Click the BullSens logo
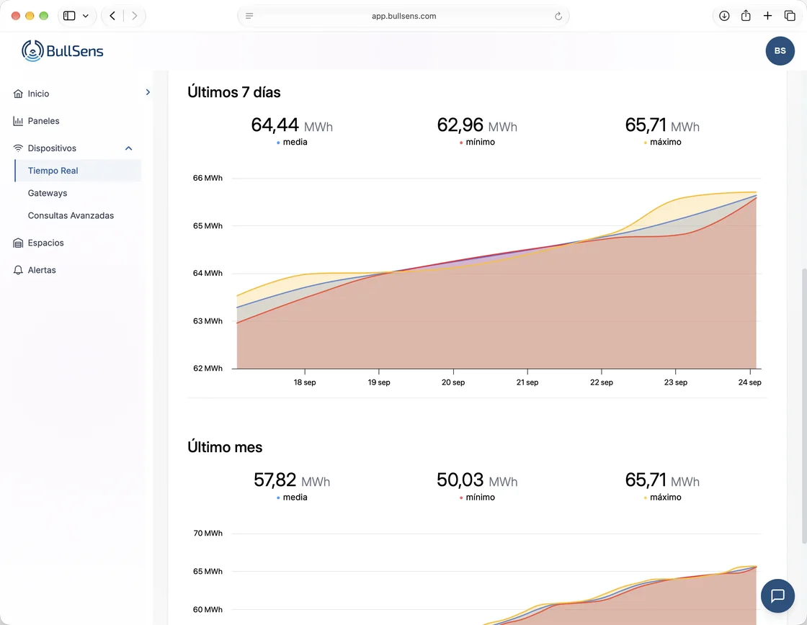[x=62, y=51]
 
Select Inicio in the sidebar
[x=38, y=94]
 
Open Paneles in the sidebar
[x=43, y=121]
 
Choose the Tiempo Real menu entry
[x=53, y=171]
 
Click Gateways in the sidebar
[x=48, y=193]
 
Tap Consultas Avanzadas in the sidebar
[x=71, y=215]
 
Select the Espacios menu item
[x=46, y=243]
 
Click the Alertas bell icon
[x=18, y=270]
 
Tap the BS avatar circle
[x=780, y=51]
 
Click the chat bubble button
[x=777, y=595]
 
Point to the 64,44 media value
[x=275, y=125]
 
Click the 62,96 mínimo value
[x=460, y=125]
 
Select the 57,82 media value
[x=275, y=480]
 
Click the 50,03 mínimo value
[x=460, y=480]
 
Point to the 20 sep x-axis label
[x=453, y=382]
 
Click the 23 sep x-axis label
[x=675, y=382]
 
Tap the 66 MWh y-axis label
[x=208, y=178]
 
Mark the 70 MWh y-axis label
[x=208, y=534]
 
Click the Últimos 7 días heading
[x=233, y=92]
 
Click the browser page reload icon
[x=558, y=16]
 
